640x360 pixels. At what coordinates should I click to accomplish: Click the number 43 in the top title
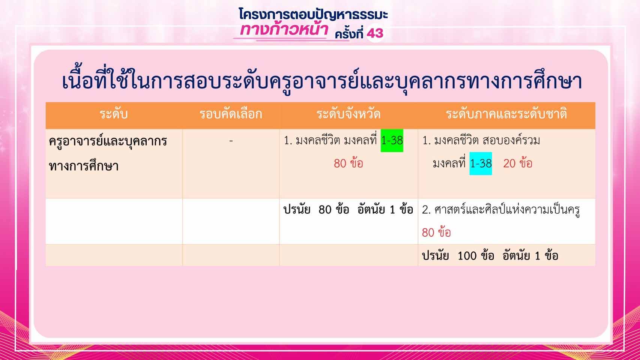pos(375,33)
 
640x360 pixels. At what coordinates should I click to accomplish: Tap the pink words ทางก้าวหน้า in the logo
pos(284,29)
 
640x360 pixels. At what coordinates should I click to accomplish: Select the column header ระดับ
pos(114,114)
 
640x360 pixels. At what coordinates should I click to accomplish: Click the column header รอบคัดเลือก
pos(231,114)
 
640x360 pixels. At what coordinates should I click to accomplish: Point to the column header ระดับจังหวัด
pos(348,114)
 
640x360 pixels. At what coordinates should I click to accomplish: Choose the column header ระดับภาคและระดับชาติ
pos(506,114)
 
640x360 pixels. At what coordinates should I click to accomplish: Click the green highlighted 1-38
pos(392,141)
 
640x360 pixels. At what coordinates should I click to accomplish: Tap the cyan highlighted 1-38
pos(481,163)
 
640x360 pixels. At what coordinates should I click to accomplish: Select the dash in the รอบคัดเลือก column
pos(231,141)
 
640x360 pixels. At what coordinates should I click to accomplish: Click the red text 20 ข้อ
pos(517,163)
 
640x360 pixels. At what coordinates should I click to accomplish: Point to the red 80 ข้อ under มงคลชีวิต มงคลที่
pos(348,163)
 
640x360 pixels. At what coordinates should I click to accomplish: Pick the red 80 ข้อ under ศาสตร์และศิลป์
pos(436,232)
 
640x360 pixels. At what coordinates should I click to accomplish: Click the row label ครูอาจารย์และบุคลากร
pos(108,141)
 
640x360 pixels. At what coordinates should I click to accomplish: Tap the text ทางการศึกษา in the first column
pos(84,166)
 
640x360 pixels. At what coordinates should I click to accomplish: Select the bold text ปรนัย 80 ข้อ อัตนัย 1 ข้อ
pos(348,210)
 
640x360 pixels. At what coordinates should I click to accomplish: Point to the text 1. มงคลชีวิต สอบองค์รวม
pos(481,141)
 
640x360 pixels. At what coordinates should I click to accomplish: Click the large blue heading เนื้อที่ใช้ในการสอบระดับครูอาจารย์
pos(322,81)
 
